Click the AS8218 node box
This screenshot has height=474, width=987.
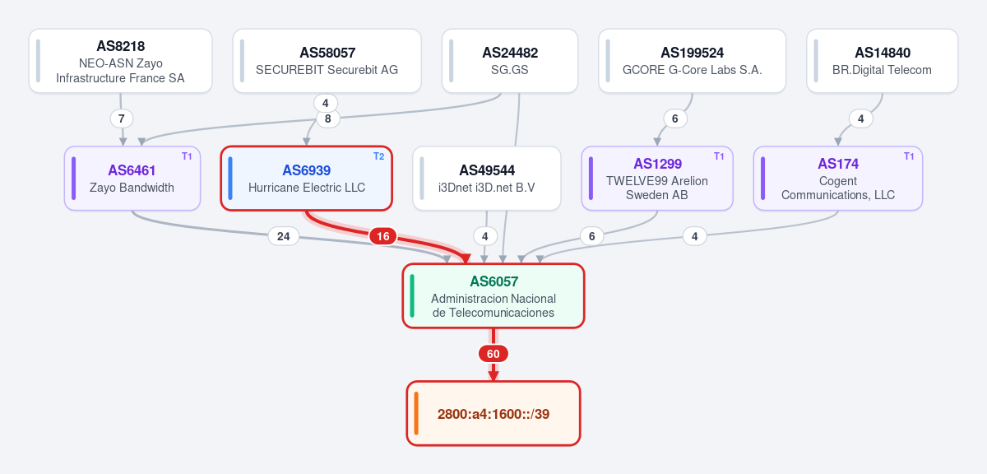click(120, 61)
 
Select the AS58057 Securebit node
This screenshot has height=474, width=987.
click(327, 61)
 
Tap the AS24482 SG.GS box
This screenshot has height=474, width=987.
click(510, 61)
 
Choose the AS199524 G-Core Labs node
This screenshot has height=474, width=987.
click(693, 61)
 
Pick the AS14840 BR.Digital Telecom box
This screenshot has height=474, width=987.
click(882, 61)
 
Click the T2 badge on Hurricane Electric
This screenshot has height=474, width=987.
click(378, 156)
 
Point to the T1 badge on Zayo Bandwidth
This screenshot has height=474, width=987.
click(187, 156)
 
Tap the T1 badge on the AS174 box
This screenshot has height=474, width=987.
click(909, 156)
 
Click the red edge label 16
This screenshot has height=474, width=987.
click(383, 236)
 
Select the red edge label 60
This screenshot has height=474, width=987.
click(493, 354)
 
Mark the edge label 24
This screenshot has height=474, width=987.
click(283, 236)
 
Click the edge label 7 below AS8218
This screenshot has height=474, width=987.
click(121, 118)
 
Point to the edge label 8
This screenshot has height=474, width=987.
click(328, 118)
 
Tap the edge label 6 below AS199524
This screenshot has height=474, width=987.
click(674, 118)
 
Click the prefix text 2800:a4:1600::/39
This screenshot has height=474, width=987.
click(493, 414)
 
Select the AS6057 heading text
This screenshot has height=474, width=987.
click(493, 281)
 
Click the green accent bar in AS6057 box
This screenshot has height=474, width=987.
click(412, 296)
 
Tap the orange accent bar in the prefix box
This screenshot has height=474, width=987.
click(416, 414)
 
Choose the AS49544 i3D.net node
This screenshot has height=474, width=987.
click(486, 179)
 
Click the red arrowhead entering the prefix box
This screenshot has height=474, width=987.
click(493, 376)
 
